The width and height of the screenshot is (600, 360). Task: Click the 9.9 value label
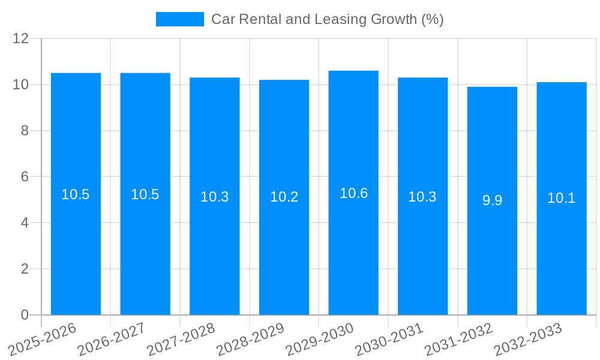tap(492, 200)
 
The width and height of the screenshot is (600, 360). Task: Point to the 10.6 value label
tap(353, 193)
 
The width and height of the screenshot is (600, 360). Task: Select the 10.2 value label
tap(284, 197)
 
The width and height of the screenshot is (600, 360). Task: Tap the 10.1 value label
tap(561, 198)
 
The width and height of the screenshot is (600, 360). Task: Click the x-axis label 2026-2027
tap(112, 339)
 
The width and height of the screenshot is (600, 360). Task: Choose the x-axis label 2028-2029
tap(250, 339)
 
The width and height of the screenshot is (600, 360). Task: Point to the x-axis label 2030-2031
tap(389, 339)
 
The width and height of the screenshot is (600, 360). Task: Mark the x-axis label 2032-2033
tap(528, 339)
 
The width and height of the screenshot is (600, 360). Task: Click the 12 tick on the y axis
tap(20, 39)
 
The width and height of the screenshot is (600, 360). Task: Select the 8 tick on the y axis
tap(25, 131)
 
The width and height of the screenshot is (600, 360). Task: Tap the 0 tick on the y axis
tap(25, 315)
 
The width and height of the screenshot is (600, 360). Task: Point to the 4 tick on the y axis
tap(25, 223)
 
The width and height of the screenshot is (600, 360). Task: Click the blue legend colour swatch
tap(179, 19)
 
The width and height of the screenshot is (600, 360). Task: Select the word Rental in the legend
tap(259, 19)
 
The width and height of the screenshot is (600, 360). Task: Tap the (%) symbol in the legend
tap(432, 19)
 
